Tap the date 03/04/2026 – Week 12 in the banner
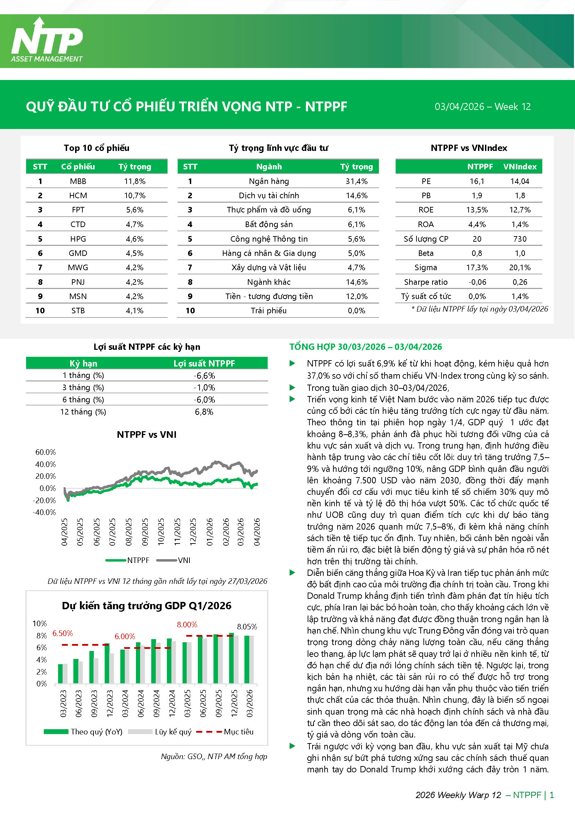tap(482, 107)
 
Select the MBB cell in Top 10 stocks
tap(78, 181)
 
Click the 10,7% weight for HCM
tap(135, 195)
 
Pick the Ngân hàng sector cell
tap(269, 181)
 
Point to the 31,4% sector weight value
tap(357, 181)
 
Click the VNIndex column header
tap(519, 167)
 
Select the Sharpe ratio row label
tap(426, 282)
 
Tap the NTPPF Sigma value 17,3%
tap(477, 268)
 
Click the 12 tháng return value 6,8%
tap(204, 412)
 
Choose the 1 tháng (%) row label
tap(83, 375)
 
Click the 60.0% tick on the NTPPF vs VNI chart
tap(46, 452)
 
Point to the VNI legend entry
tap(184, 560)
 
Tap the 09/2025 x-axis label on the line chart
tap(145, 532)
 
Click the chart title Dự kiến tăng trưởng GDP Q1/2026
tap(147, 605)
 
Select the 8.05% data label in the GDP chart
tap(247, 627)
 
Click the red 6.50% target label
tap(63, 633)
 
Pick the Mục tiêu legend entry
tap(238, 732)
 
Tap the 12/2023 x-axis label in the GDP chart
tap(110, 703)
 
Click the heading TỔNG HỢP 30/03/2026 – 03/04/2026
tap(365, 347)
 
